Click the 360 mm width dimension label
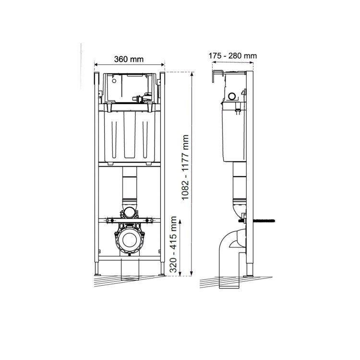coord(129,60)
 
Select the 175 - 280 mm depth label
coord(233,56)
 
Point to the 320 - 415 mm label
coord(174,247)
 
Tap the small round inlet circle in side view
coord(232,96)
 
